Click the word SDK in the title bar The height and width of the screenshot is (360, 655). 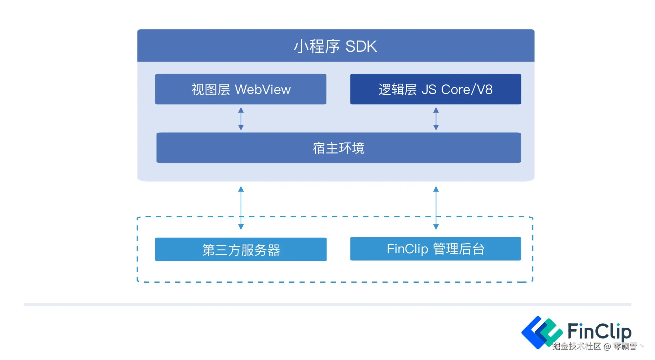361,46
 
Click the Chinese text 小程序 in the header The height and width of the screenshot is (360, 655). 317,46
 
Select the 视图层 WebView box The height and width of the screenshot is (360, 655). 241,89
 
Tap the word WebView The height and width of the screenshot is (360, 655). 263,89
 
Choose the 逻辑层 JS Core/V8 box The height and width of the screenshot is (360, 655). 436,89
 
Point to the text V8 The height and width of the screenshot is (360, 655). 484,89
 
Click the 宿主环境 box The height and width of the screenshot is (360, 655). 339,148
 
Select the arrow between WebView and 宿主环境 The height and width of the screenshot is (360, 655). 241,119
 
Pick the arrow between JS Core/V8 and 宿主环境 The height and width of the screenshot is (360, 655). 436,119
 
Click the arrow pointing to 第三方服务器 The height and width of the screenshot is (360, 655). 241,208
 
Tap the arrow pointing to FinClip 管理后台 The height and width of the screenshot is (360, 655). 436,208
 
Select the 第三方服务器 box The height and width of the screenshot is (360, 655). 241,250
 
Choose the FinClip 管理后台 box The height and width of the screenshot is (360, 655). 436,249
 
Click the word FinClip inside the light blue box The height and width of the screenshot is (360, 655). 407,249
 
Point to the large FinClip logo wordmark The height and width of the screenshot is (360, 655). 599,331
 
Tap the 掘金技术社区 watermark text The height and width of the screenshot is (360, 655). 576,346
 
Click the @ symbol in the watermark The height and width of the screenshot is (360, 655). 607,347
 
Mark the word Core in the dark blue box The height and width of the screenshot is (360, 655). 456,89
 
